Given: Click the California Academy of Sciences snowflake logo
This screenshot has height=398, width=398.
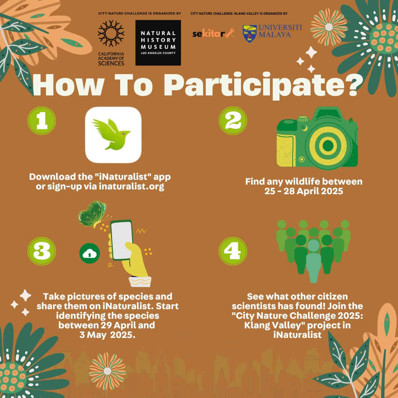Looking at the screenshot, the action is [111, 34].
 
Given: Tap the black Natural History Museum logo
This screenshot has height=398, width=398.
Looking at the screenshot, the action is [158, 43].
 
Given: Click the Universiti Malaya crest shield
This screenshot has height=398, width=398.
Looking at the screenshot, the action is [249, 34].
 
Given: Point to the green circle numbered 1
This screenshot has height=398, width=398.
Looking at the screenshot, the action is [42, 121].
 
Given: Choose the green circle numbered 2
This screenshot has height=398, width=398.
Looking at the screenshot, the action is [233, 121].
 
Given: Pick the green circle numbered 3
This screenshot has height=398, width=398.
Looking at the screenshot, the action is [42, 251].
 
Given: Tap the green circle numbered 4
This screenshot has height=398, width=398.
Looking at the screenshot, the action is [233, 251].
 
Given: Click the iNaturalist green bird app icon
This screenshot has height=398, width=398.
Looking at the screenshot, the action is [113, 135].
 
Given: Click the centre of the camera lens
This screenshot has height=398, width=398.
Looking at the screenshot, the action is [328, 146].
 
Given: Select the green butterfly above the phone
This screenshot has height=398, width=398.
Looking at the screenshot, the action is [93, 214].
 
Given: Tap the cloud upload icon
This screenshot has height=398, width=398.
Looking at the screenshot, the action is [90, 253].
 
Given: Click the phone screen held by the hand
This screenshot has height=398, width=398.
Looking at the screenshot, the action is [122, 240].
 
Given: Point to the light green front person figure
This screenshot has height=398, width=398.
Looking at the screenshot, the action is [314, 261].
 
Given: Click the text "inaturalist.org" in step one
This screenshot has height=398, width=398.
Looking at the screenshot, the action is [132, 186].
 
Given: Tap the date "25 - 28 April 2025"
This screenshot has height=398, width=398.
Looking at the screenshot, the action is [304, 191].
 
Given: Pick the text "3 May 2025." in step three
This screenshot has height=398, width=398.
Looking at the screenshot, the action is [107, 335].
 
